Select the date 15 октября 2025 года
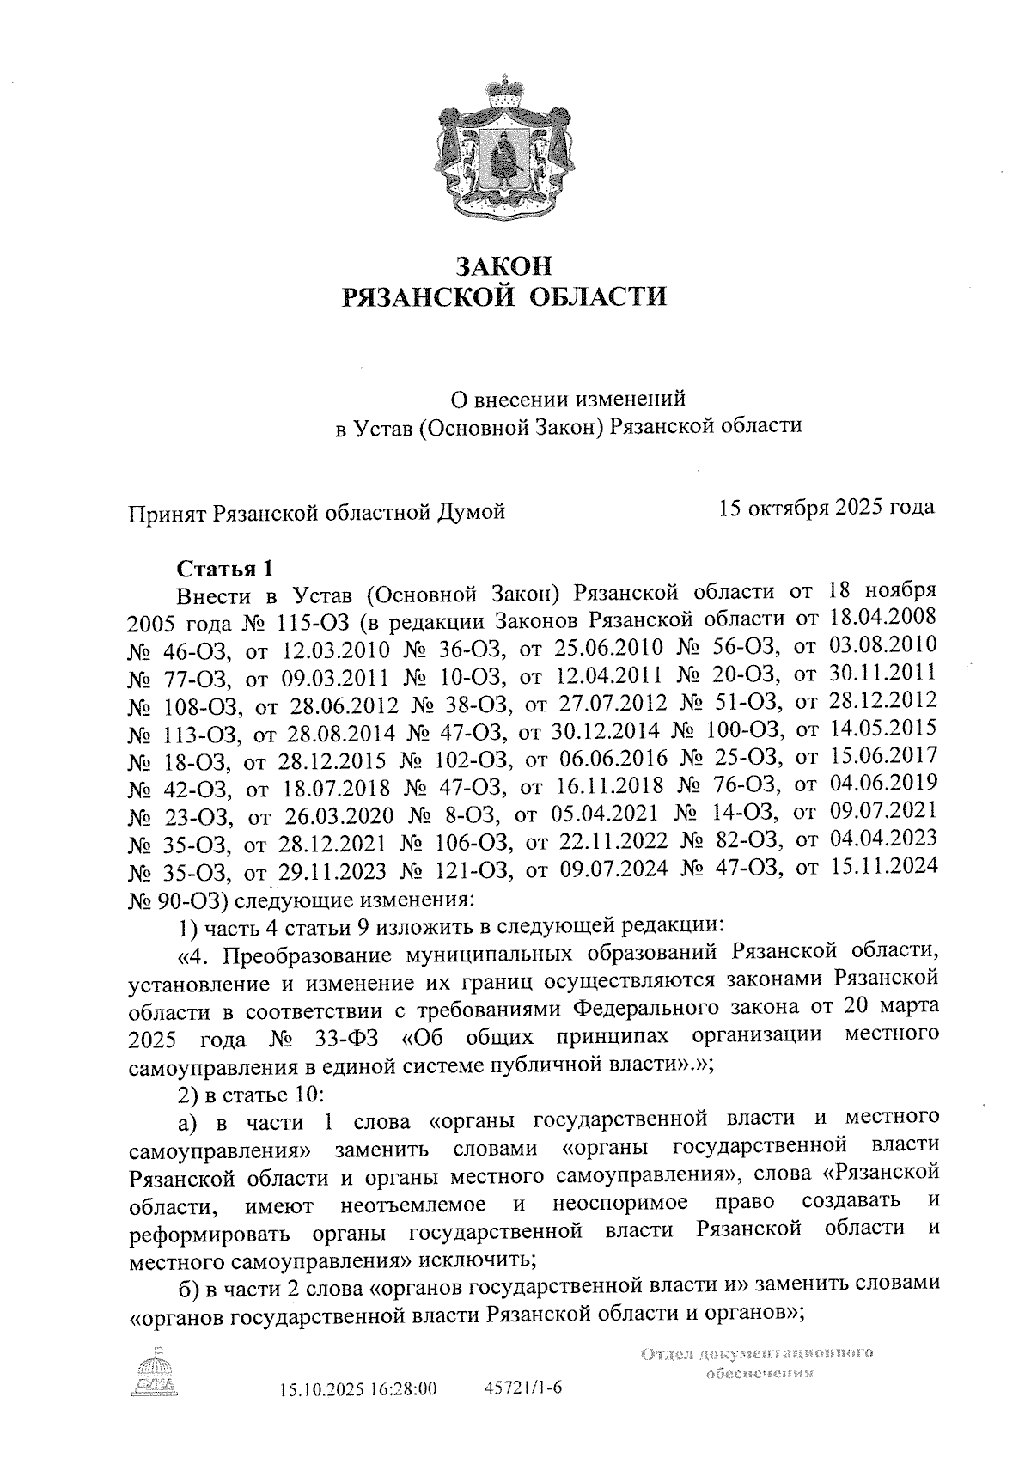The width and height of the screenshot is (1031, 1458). click(827, 508)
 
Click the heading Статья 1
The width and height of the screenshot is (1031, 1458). click(224, 569)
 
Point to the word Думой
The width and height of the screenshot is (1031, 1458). click(472, 513)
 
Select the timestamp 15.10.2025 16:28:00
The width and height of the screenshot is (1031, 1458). click(358, 1389)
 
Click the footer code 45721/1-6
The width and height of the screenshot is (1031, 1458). click(523, 1388)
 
